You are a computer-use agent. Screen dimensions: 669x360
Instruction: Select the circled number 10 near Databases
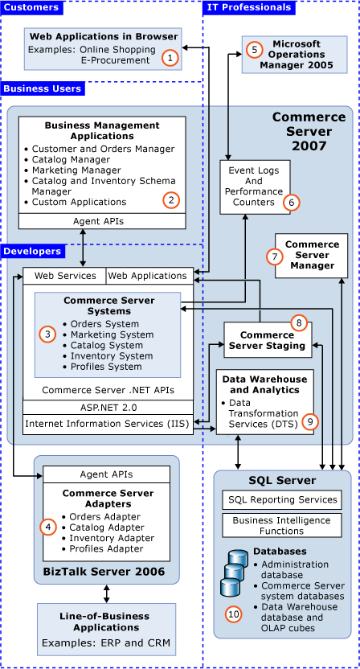[x=233, y=614]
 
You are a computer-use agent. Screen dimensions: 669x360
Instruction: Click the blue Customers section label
[x=31, y=8]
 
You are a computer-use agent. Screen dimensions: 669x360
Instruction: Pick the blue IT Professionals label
[x=249, y=8]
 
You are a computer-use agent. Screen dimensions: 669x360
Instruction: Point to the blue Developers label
[x=32, y=252]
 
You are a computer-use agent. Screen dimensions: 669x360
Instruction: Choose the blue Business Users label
[x=42, y=88]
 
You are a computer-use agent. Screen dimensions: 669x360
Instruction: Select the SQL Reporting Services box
[x=281, y=500]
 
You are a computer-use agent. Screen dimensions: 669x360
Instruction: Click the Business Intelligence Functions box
[x=281, y=526]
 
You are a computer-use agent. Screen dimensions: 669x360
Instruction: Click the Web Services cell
[x=65, y=276]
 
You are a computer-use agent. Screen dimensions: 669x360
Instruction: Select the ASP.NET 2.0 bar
[x=108, y=406]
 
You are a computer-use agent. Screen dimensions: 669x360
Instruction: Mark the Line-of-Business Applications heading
[x=106, y=622]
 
